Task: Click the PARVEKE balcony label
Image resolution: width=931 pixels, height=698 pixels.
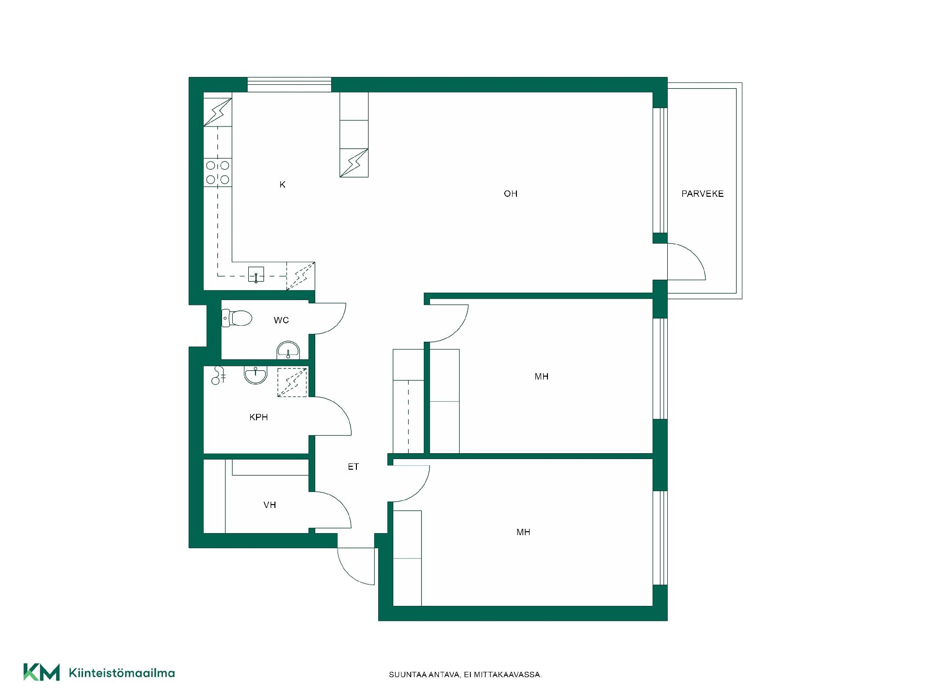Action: [x=702, y=194]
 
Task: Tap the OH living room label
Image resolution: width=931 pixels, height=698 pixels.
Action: [x=511, y=194]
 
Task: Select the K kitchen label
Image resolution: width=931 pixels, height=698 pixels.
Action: [x=282, y=185]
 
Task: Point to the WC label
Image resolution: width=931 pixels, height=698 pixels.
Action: [x=281, y=320]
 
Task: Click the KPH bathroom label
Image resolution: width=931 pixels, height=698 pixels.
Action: [x=258, y=417]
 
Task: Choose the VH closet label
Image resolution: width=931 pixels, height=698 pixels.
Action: [x=270, y=505]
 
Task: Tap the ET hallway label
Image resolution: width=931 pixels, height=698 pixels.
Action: [x=353, y=467]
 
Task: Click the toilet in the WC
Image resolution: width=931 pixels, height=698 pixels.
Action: [x=237, y=318]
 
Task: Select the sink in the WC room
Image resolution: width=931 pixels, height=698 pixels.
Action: [x=289, y=350]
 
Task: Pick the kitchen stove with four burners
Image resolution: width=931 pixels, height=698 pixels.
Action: [x=218, y=173]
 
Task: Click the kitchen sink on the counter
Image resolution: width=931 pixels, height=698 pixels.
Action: [x=256, y=274]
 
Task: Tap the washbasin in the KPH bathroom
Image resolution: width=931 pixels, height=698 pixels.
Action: [x=256, y=375]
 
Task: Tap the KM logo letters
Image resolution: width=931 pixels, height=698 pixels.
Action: [x=42, y=672]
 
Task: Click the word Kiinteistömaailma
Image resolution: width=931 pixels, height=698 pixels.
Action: [x=122, y=673]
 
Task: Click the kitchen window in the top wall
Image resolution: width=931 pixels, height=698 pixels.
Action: [x=289, y=84]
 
